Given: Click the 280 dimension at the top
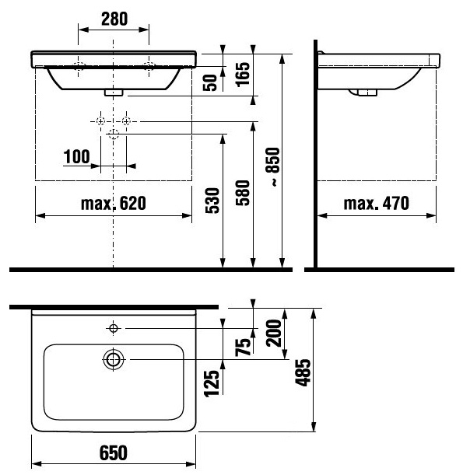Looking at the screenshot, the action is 114,19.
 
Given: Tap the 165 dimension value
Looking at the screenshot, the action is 244,74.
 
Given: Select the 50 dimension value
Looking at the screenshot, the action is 210,82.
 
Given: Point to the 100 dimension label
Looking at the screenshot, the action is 77,156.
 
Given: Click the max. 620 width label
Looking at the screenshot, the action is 114,203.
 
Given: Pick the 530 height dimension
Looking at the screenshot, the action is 212,201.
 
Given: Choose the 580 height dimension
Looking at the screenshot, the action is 243,193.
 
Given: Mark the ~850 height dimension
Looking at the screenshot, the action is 272,166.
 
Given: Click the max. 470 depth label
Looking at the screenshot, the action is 377,203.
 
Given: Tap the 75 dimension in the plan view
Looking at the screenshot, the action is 244,347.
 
